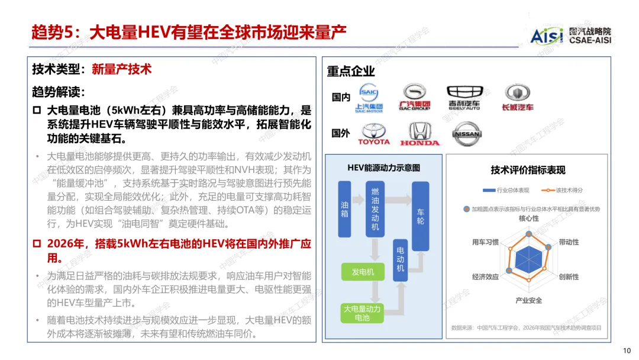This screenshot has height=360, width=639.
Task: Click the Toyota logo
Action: coord(374,134)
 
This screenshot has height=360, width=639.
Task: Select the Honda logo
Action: coord(419,134)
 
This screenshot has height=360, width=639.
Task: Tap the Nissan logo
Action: coord(466,133)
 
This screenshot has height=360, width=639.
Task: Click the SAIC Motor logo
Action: coord(369,98)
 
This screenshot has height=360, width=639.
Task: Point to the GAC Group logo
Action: coord(414,97)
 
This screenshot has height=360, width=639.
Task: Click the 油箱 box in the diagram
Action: coord(344,209)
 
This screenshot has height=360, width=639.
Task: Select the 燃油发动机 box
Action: coord(375,209)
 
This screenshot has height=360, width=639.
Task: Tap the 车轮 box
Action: coord(420,216)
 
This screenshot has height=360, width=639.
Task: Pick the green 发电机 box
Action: coord(363,272)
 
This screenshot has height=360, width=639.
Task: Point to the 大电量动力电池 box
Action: coord(362,313)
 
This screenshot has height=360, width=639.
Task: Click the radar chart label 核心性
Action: coord(528,218)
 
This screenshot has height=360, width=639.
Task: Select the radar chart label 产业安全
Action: coord(528,300)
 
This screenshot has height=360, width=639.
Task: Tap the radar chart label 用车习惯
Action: coord(485,242)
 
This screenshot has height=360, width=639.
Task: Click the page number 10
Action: coord(628,350)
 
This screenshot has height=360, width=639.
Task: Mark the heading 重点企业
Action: coord(351,72)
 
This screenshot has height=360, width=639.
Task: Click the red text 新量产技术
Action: coord(122,69)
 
